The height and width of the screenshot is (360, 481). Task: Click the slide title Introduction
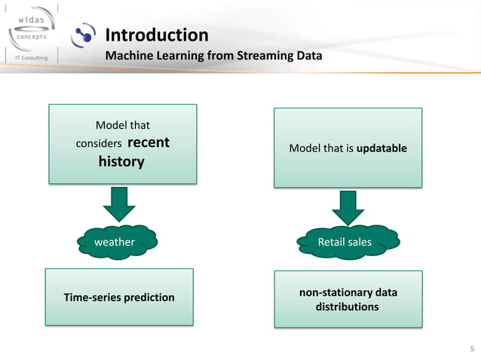tap(156, 35)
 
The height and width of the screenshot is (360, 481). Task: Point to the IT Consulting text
tap(28, 58)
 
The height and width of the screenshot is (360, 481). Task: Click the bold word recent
tap(149, 142)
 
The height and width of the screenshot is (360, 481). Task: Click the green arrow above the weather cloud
tap(118, 204)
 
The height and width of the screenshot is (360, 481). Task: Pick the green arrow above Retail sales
tap(348, 206)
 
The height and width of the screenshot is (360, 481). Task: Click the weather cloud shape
tap(117, 242)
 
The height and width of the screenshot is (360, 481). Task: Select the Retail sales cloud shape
tap(347, 242)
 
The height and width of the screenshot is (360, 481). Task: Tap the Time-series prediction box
tap(120, 297)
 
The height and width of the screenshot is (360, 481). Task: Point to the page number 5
tap(472, 349)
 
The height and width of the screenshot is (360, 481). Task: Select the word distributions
tap(347, 307)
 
